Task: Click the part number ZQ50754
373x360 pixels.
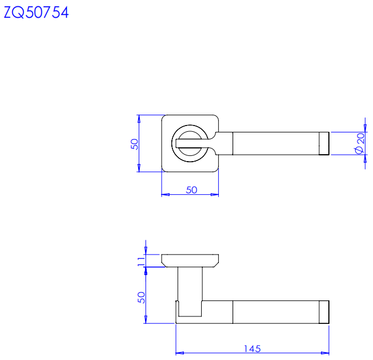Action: coord(36,13)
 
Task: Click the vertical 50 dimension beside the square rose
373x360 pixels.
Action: coord(135,144)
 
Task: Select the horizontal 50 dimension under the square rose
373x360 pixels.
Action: coord(191,190)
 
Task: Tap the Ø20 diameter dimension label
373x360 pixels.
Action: coord(360,143)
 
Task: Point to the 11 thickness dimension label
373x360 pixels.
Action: coord(141,261)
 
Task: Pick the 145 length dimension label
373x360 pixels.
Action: coord(253,349)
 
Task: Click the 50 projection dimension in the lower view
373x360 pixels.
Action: coord(141,298)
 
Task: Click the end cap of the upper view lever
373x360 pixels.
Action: coord(324,143)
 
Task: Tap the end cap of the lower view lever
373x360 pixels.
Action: coord(324,312)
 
